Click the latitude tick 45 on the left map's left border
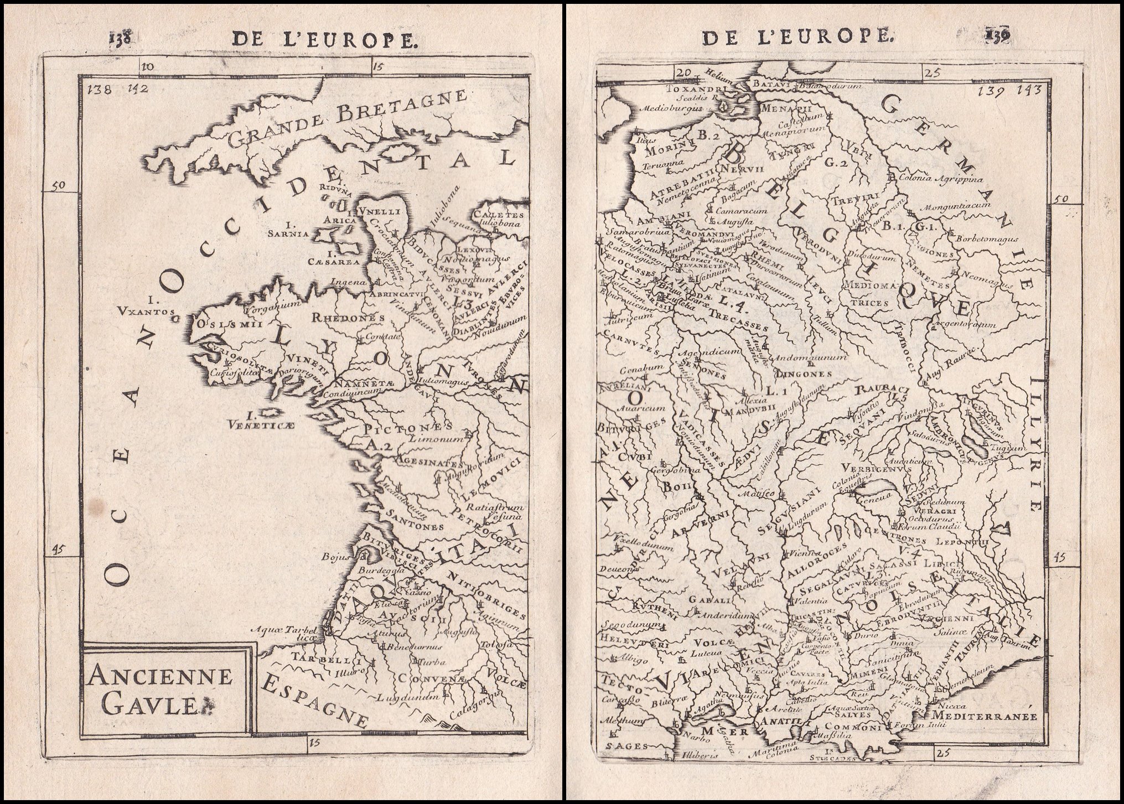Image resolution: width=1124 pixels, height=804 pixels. point(58,549)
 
